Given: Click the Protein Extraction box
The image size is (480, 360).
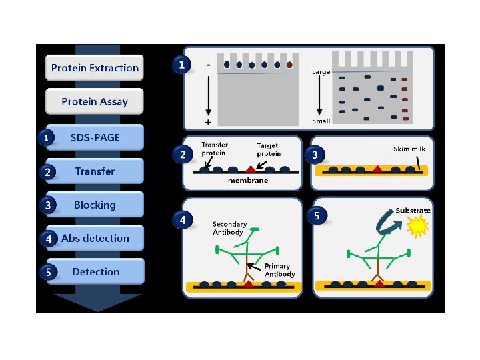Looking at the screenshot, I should [x=95, y=68].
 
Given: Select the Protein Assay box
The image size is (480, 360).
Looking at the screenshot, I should [x=95, y=102].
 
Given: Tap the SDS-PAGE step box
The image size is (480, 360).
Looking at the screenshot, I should [x=95, y=137].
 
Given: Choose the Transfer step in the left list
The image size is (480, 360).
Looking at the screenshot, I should [x=95, y=171].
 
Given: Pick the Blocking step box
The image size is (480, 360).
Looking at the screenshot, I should [x=95, y=205].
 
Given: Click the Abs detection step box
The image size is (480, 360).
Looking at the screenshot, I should [x=95, y=238].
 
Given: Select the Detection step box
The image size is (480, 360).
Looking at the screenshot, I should [x=95, y=272].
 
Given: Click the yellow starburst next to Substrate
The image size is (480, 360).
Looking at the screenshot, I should [x=420, y=229].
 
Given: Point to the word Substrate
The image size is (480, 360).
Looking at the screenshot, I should [x=413, y=211].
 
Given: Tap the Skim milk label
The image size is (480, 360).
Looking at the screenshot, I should [x=409, y=149].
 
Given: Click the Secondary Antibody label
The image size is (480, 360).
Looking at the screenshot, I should [x=230, y=228].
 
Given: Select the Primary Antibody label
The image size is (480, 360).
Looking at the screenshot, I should [x=279, y=270].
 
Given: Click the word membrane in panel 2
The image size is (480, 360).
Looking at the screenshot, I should [x=248, y=181].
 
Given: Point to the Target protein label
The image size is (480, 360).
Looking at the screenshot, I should [x=269, y=149].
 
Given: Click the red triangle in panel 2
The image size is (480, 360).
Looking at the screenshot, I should [x=250, y=169].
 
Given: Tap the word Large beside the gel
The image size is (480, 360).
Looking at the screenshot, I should [x=321, y=72].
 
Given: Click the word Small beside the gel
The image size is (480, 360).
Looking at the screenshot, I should [x=321, y=121].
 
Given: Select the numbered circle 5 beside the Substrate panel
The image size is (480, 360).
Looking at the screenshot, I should [x=317, y=216].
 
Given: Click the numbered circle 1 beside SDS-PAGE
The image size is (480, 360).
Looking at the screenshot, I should [x=45, y=138].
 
